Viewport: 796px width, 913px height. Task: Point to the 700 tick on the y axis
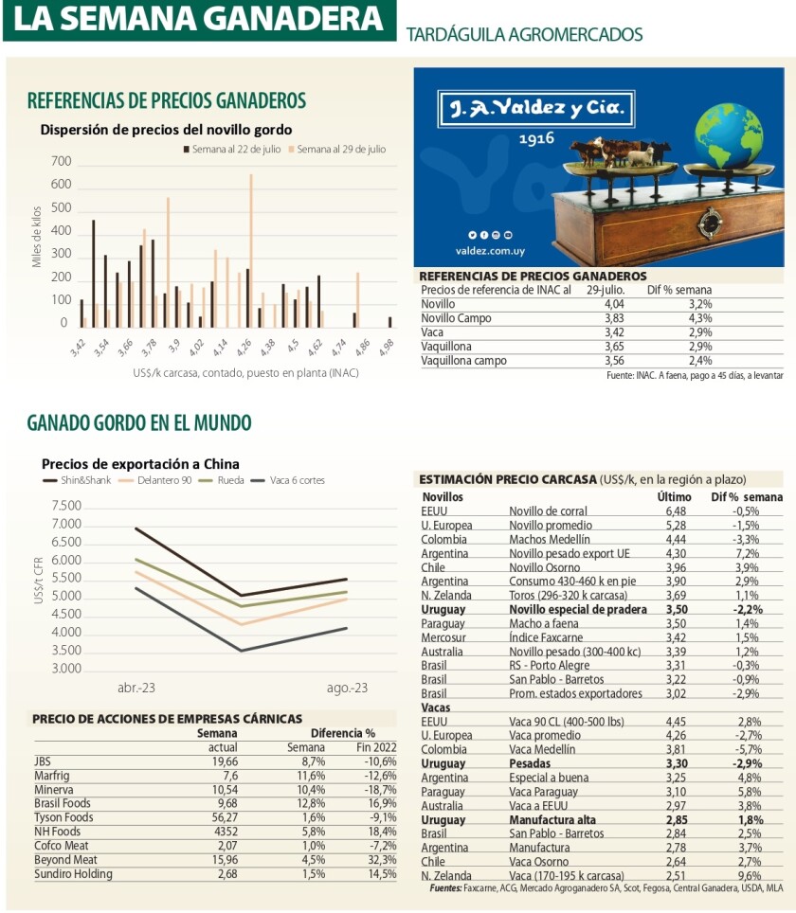tap(60, 162)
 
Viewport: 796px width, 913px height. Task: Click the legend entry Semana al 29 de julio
tap(341, 150)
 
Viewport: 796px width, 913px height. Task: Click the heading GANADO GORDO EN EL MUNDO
tap(139, 422)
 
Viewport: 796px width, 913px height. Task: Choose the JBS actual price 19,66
tap(223, 761)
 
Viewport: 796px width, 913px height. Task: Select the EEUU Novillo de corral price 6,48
tap(675, 511)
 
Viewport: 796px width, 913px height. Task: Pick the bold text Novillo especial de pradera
tap(576, 610)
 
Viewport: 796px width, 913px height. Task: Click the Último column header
tap(675, 496)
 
